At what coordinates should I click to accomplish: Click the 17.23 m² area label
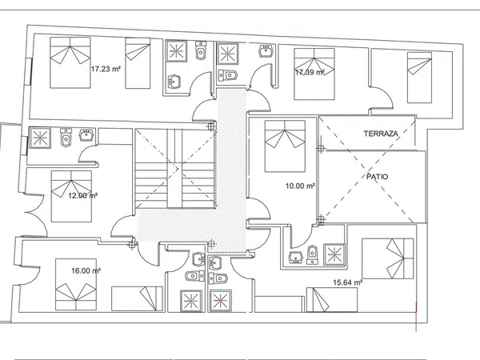(106, 69)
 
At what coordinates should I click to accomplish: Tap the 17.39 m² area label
(310, 72)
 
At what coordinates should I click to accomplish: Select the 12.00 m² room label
(82, 195)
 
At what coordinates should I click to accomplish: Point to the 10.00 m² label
(300, 186)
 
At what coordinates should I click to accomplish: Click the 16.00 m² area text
(86, 270)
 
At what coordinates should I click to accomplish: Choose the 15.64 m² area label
(348, 282)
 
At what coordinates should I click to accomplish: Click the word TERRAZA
(381, 134)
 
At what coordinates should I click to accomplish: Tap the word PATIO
(377, 177)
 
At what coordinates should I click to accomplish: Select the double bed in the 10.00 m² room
(285, 146)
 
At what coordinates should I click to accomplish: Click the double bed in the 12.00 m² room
(71, 196)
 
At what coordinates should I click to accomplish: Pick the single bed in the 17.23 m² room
(138, 63)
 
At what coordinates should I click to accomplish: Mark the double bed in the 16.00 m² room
(76, 284)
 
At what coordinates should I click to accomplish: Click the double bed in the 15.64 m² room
(387, 258)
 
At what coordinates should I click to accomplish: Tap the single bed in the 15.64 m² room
(332, 300)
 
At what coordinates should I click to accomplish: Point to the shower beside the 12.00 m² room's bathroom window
(40, 138)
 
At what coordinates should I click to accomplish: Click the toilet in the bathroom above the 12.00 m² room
(66, 138)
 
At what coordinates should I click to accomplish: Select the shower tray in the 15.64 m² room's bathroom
(334, 254)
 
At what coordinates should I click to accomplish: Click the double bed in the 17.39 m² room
(314, 74)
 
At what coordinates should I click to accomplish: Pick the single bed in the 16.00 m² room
(137, 298)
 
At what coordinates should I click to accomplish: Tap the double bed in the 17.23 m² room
(70, 62)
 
